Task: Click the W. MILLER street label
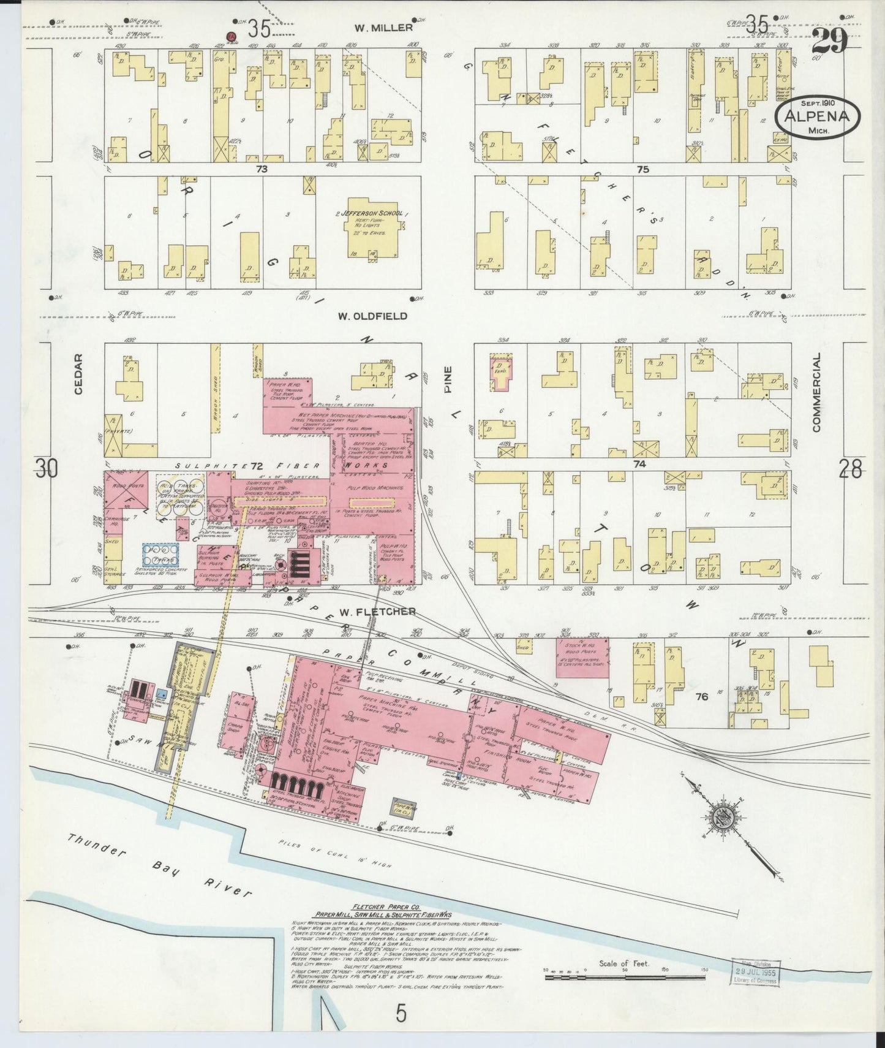[383, 28]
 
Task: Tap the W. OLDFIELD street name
[372, 316]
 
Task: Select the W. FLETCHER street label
[377, 611]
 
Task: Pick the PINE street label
[448, 381]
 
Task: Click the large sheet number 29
[830, 40]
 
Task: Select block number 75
[642, 170]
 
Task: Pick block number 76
[702, 697]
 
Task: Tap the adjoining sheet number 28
[850, 470]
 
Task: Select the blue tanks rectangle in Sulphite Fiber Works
[160, 555]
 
